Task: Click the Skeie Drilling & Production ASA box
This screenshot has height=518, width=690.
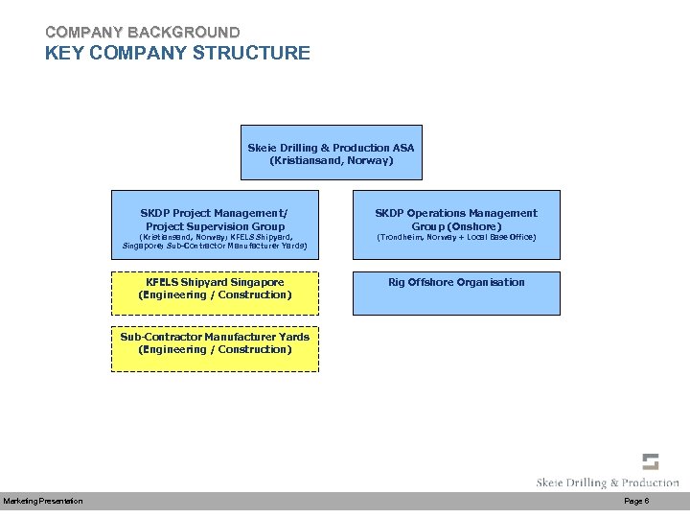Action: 331,153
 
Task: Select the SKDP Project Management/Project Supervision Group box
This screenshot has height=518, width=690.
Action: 215,229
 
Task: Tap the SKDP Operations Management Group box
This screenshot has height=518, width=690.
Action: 455,229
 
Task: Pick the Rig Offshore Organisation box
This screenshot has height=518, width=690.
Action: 455,294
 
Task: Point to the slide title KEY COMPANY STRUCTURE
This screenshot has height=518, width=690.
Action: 177,53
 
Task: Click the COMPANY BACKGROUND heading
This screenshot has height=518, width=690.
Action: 142,33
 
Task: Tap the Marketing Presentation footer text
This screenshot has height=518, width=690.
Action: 43,502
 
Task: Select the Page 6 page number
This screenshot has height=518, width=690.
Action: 636,502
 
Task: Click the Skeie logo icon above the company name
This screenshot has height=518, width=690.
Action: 651,461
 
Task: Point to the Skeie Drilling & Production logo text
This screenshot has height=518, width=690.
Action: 608,483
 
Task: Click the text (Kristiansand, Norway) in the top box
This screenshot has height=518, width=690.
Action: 331,160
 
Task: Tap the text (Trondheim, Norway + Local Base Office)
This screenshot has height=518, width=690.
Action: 455,236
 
